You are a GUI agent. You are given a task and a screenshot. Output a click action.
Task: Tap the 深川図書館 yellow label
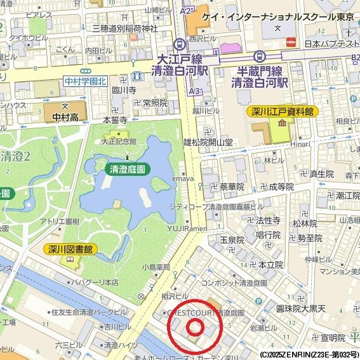click(x=70, y=249)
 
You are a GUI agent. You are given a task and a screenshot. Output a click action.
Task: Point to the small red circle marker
click(x=195, y=328)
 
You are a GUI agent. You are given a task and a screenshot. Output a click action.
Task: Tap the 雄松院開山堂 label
click(x=208, y=142)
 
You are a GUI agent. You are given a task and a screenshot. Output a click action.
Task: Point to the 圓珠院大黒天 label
click(x=300, y=309)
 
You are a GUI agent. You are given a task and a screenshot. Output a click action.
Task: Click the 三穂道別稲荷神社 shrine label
click(x=124, y=28)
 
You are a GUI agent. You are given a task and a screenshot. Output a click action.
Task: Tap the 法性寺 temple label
click(x=268, y=220)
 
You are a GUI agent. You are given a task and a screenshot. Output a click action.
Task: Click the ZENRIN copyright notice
click(x=309, y=354)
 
